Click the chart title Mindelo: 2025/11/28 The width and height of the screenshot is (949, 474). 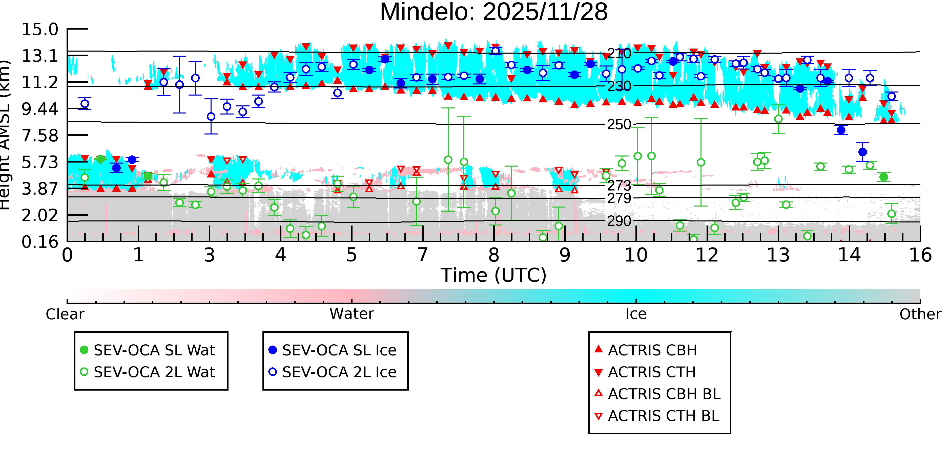(494, 12)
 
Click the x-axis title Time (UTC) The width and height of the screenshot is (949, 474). (494, 275)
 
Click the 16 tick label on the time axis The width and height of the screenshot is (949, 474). (920, 255)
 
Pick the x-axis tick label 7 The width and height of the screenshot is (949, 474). (423, 255)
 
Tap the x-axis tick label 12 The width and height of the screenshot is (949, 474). (707, 255)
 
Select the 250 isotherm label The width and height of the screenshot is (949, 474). (619, 125)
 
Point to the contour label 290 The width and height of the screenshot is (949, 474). (619, 221)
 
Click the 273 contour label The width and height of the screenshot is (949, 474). (619, 186)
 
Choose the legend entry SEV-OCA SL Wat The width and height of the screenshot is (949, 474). (147, 350)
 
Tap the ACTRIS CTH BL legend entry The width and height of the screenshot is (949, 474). (657, 416)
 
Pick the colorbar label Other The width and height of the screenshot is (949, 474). (920, 314)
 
